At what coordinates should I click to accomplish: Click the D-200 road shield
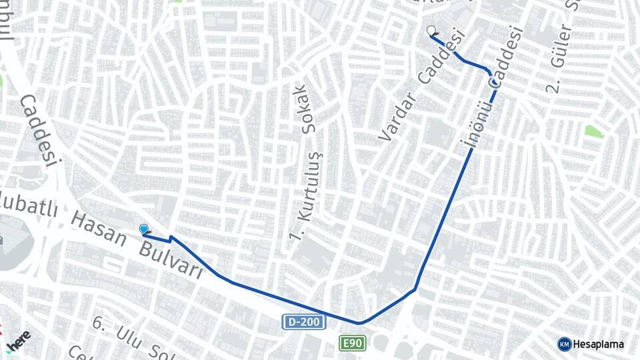point(305,322)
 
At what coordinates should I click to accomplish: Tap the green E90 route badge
point(353,343)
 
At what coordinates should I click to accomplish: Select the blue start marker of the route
point(143,229)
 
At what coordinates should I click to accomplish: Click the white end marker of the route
point(431,30)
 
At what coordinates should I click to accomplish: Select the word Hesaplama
point(598,344)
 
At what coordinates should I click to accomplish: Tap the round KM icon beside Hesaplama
point(564,344)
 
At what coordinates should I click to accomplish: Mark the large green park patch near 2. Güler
point(593,131)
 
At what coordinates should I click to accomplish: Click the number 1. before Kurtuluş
point(293,233)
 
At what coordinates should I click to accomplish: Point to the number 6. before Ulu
point(99,324)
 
